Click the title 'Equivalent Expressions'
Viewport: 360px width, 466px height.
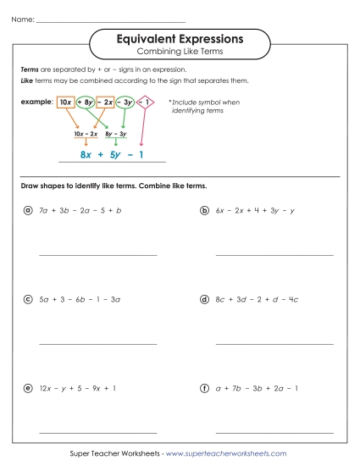(179, 39)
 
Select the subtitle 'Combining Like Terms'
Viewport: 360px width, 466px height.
(179, 53)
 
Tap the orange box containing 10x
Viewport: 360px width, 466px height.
(64, 102)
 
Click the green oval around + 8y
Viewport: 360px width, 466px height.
(86, 102)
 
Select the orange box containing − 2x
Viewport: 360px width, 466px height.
(105, 102)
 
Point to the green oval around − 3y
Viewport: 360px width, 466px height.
(125, 102)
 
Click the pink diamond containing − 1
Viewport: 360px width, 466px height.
(145, 102)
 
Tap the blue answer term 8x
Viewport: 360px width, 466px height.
(86, 154)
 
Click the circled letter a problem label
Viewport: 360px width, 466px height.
(28, 209)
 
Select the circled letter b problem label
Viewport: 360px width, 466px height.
(205, 209)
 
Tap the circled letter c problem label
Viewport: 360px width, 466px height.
(28, 299)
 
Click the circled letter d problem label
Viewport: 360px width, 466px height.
(205, 299)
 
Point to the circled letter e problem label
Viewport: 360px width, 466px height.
(28, 388)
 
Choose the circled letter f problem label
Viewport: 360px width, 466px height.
(205, 388)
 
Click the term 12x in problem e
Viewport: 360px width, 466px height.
(46, 388)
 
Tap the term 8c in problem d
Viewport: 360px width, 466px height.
(221, 299)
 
